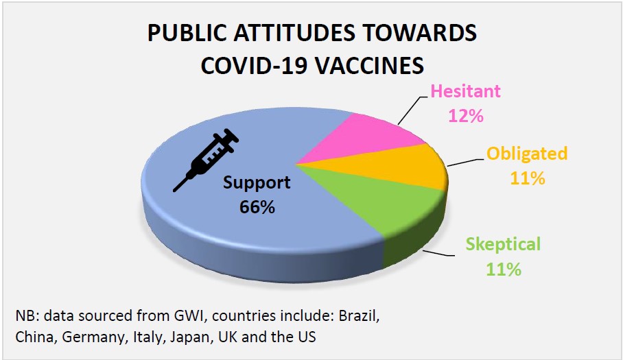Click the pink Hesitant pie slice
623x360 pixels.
[370, 139]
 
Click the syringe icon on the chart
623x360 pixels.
[206, 160]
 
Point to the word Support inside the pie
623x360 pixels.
[257, 182]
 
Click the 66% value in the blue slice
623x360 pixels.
[257, 207]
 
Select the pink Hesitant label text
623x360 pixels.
[465, 91]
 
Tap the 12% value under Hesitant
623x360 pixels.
[466, 115]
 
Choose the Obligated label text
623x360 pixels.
[527, 153]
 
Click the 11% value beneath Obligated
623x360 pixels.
[527, 178]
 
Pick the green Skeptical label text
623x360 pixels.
[503, 244]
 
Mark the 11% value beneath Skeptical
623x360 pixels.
[504, 269]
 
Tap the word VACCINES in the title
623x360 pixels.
[370, 66]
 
